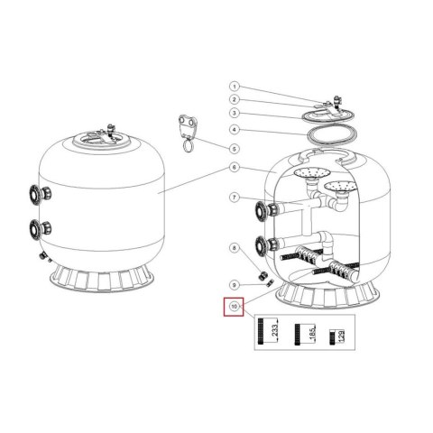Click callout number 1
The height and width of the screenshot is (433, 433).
[x=235, y=87]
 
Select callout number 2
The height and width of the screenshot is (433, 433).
[x=235, y=100]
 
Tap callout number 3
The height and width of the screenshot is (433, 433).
[x=235, y=114]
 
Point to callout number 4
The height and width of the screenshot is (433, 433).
[x=235, y=130]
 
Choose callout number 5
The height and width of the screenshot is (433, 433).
[x=235, y=149]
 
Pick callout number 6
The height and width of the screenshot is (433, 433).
[x=235, y=168]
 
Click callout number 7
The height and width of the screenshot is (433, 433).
[x=235, y=198]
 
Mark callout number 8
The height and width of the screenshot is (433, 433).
[x=235, y=248]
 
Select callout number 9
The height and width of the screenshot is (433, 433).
[x=235, y=285]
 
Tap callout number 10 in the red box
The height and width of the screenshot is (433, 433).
[x=235, y=307]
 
